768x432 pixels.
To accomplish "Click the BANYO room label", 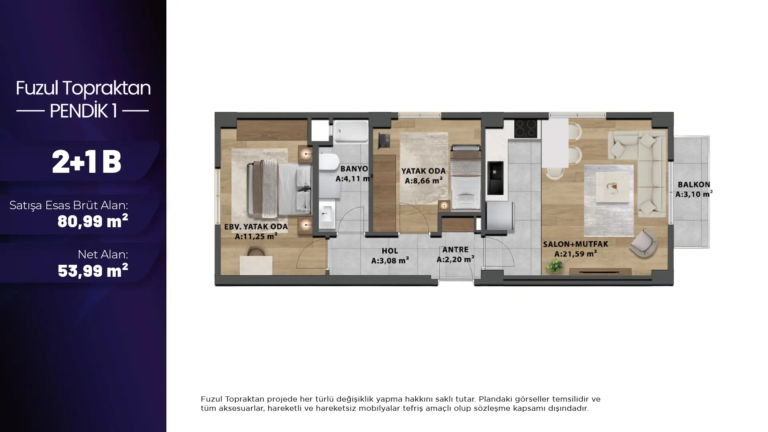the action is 354,169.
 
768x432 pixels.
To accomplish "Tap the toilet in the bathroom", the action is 329,163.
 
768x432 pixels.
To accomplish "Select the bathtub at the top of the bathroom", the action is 351,131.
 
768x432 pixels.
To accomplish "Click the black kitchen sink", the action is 495,178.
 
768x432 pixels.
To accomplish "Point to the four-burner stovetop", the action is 525,128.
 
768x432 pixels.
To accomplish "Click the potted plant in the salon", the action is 555,265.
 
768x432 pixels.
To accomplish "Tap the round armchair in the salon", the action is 643,242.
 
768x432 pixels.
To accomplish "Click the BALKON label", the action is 694,184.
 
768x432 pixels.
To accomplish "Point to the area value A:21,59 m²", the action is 576,254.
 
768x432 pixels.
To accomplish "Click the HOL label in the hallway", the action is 390,251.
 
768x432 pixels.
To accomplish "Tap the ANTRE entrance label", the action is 455,250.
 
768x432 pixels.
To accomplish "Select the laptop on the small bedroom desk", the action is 384,141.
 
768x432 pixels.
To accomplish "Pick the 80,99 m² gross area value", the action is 93,221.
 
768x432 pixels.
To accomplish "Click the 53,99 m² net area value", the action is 93,270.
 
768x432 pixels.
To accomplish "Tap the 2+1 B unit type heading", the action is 86,162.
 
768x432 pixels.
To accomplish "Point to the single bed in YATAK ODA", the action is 465,177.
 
